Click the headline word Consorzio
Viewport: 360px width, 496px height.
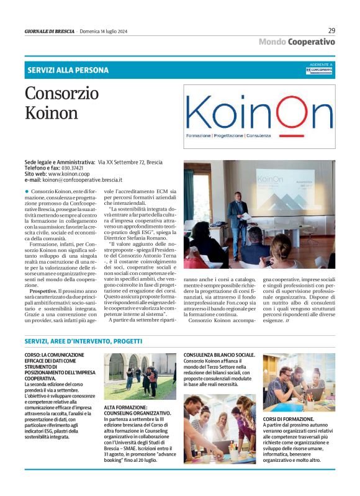(61, 94)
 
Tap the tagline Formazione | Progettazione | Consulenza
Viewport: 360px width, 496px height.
(225, 135)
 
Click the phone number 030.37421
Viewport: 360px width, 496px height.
(73, 168)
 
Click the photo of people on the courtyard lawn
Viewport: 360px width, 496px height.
(140, 376)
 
